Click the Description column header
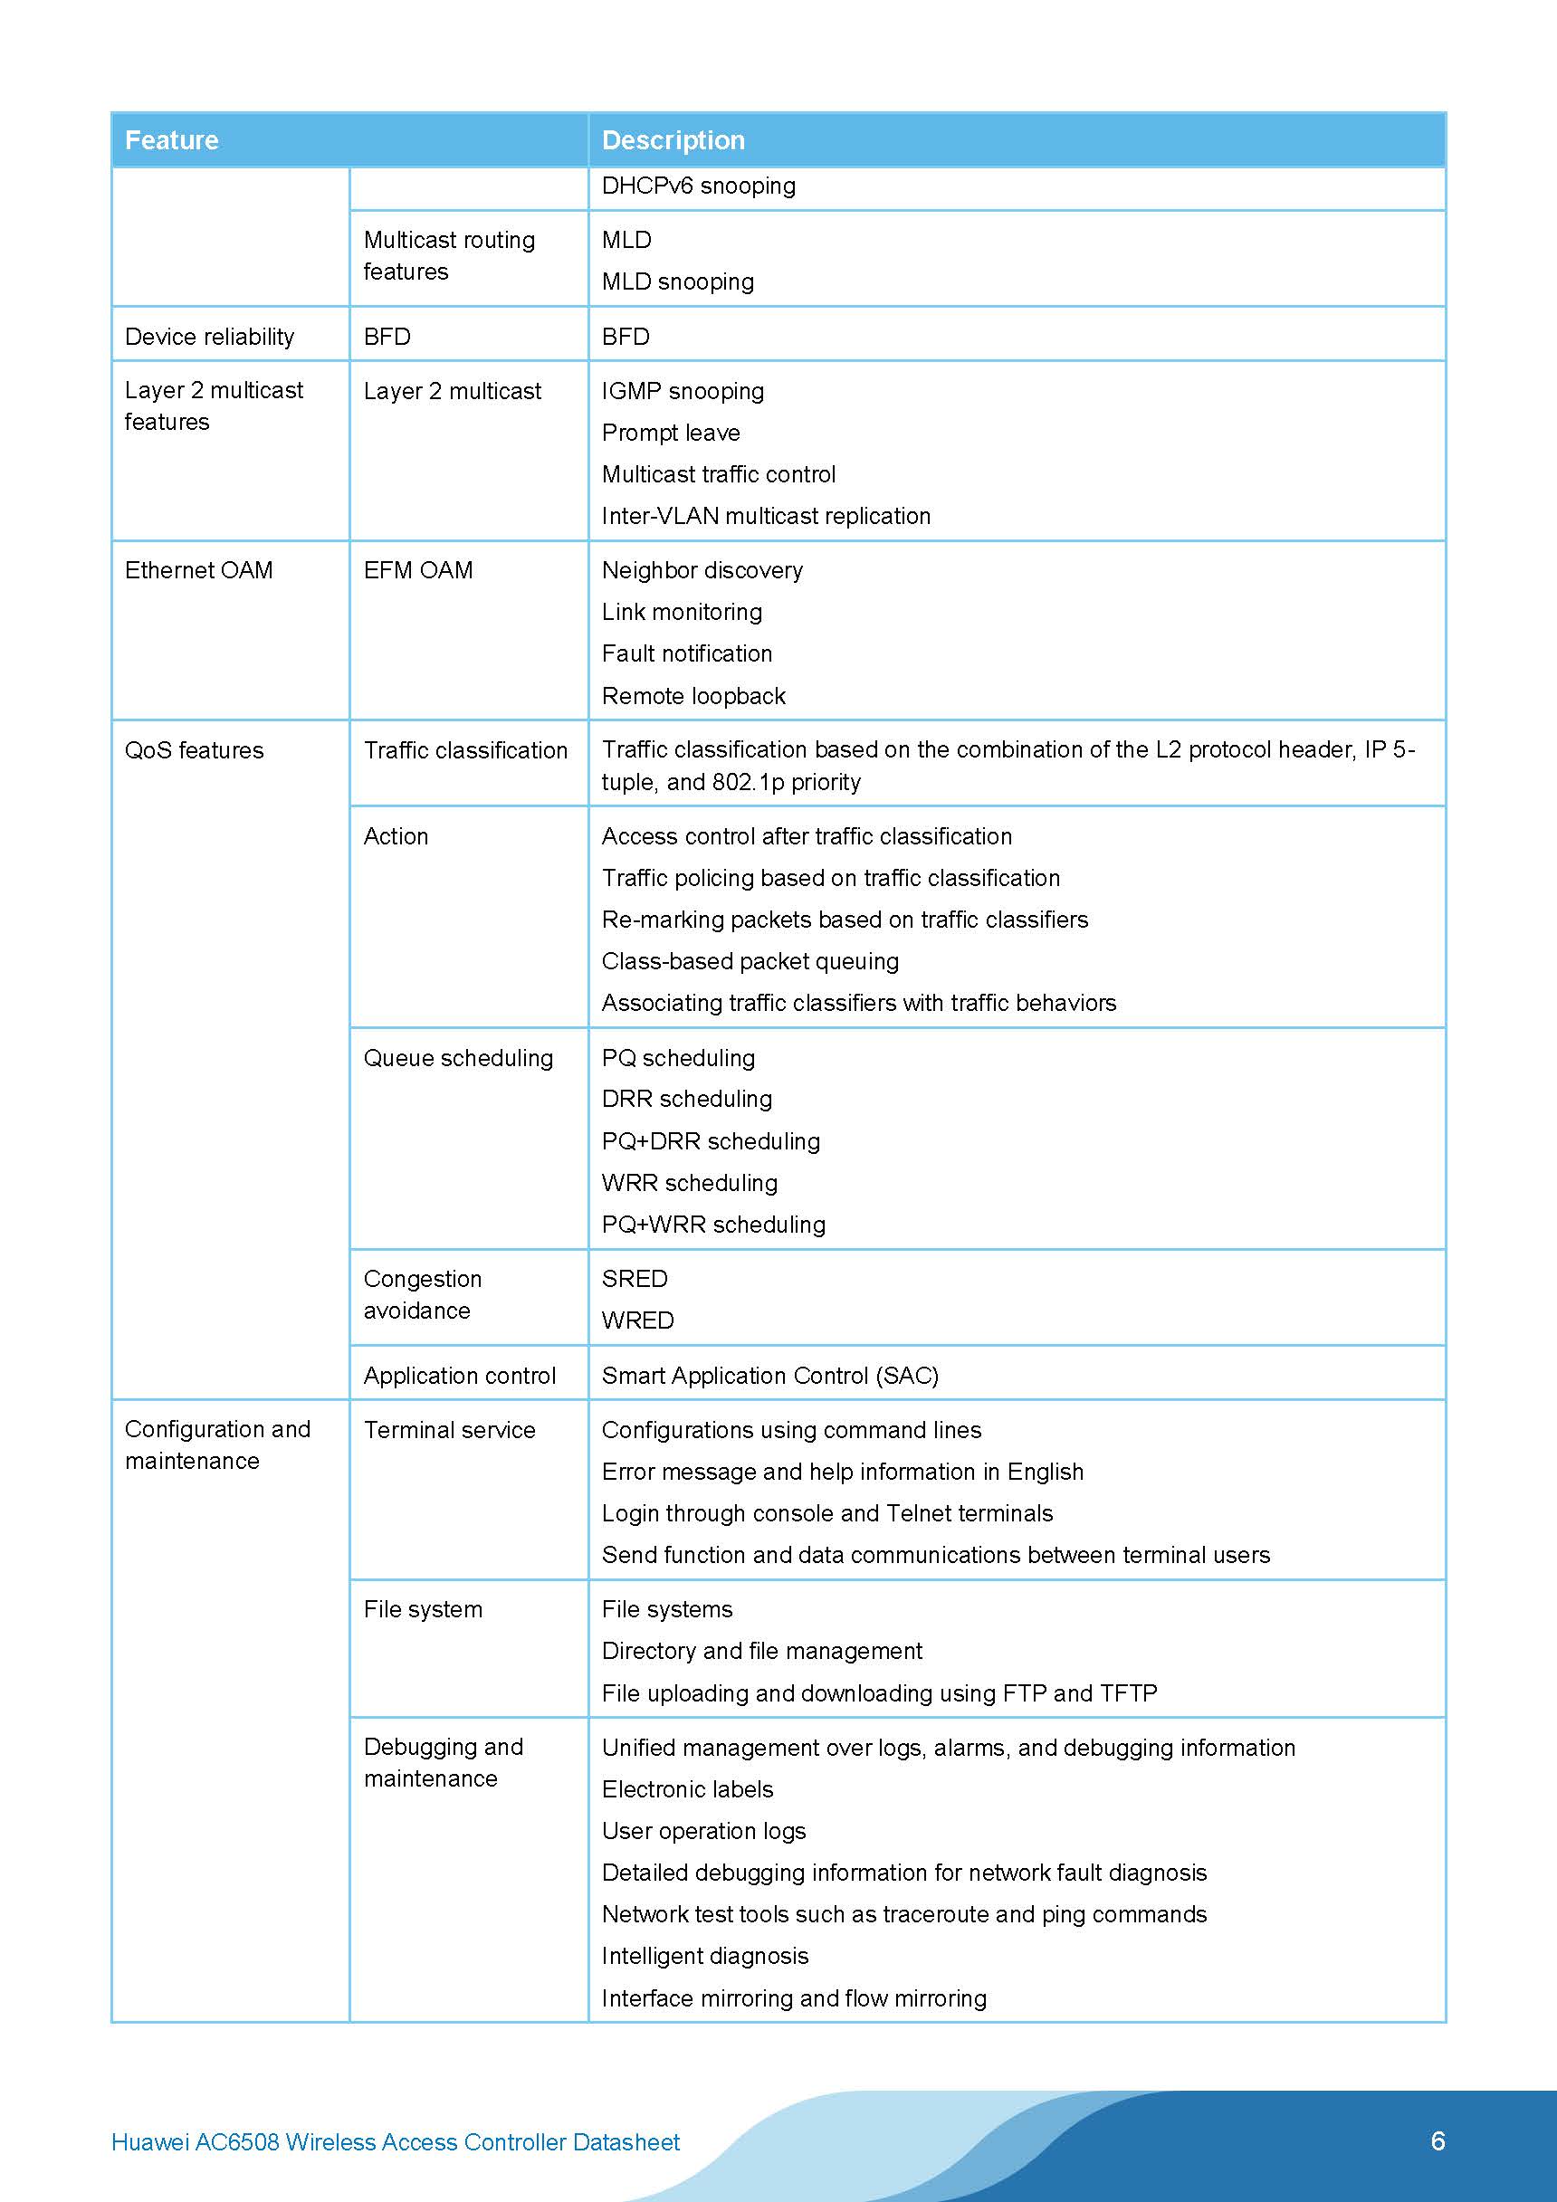coord(673,140)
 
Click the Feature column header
coord(172,140)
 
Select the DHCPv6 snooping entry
coord(699,186)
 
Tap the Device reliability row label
coord(209,337)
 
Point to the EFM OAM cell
coord(417,571)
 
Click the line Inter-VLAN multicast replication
coord(766,516)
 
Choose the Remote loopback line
coord(693,696)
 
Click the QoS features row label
coord(194,751)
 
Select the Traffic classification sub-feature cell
coord(465,751)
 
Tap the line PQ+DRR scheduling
coord(710,1141)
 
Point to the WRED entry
coord(637,1320)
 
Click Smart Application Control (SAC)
coord(769,1376)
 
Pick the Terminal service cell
coord(449,1430)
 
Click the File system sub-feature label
coord(422,1609)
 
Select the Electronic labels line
coord(687,1789)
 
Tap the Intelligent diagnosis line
coord(704,1956)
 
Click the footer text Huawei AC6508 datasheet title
coord(396,2142)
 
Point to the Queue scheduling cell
coord(458,1058)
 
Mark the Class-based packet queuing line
coord(750,961)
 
